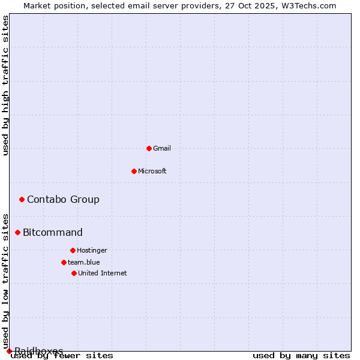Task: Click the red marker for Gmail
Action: coord(149,148)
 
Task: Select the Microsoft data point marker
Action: coord(134,171)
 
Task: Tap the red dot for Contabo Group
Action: coord(22,199)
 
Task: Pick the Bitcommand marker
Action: coord(17,232)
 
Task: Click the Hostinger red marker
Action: coord(73,250)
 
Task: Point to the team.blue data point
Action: coord(64,262)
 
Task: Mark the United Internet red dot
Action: coord(74,273)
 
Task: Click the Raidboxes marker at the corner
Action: coord(9,351)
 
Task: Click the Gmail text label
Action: coord(162,148)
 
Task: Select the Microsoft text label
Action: coord(152,171)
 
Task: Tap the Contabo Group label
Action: coord(63,199)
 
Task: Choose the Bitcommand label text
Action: coord(53,232)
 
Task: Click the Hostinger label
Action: coord(92,250)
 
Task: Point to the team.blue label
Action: coord(84,262)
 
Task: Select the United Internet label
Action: coord(103,273)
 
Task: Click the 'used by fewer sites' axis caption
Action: coord(62,356)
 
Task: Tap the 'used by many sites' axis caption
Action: coord(301,356)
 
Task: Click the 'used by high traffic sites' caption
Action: coord(6,85)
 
